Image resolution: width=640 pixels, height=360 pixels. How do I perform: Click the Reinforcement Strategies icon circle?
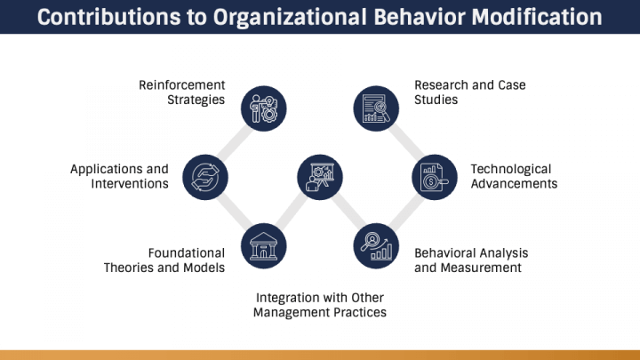263,108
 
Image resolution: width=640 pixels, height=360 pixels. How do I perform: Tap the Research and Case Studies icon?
376,108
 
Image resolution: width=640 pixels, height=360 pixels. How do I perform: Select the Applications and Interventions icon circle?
205,176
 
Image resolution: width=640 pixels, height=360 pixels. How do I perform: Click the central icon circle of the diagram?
319,176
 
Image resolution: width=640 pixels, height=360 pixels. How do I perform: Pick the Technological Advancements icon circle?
433,176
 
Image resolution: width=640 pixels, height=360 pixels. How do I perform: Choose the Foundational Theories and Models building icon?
263,245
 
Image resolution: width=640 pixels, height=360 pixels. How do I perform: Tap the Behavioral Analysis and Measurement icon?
376,245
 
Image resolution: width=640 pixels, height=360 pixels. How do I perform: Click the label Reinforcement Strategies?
181,92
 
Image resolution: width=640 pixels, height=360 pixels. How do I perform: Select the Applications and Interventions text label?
119,176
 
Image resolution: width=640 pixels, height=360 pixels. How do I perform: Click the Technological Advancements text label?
514,176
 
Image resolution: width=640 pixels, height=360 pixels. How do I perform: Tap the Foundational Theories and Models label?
164,260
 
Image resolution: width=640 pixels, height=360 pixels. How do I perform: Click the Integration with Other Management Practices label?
319,305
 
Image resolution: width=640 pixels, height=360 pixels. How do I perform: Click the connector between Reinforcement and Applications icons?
234,142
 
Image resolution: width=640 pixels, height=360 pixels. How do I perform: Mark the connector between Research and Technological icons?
404,142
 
